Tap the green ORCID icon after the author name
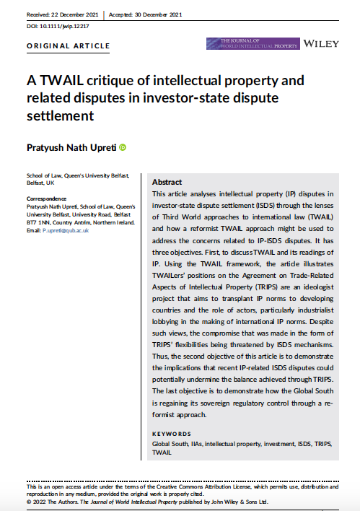coord(123,147)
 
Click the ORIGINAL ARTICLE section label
coord(69,46)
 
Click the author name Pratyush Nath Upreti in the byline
coord(71,148)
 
